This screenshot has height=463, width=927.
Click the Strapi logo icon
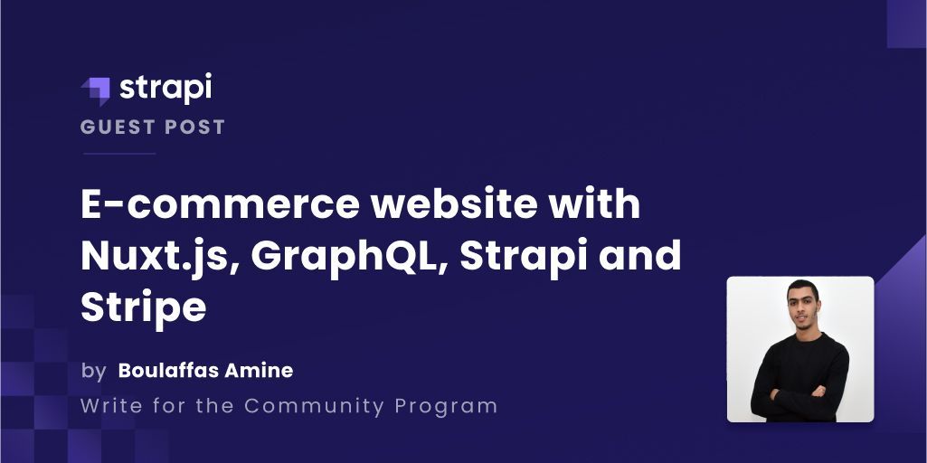point(96,90)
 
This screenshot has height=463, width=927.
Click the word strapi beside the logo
point(166,88)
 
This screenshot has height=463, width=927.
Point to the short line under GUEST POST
point(118,154)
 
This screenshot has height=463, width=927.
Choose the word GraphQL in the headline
point(347,258)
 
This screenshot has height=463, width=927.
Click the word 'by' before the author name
point(93,370)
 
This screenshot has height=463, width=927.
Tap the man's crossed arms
point(800,394)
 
